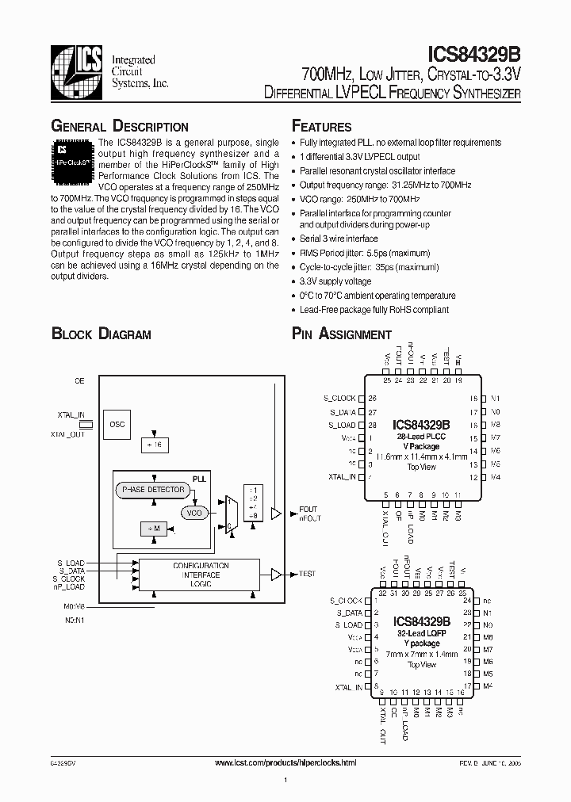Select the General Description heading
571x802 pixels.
120,127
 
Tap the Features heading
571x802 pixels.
321,127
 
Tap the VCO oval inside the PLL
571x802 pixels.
194,513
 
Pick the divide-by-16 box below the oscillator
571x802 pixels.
154,445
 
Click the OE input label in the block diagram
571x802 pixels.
79,381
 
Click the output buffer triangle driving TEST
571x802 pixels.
275,573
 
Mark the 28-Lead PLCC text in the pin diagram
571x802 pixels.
422,437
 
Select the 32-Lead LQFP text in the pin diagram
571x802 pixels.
422,634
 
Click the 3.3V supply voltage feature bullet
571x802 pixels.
335,281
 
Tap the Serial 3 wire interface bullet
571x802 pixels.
339,239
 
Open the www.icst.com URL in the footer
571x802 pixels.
286,762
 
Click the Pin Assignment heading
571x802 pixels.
342,334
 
